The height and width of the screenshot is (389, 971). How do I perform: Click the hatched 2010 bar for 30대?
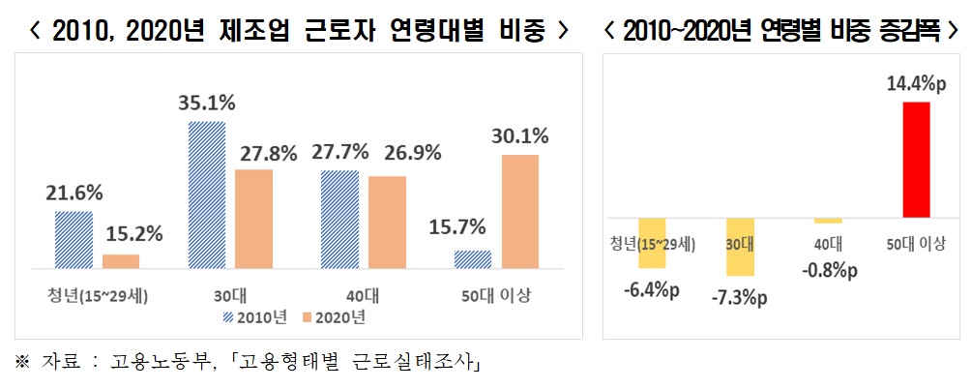click(205, 194)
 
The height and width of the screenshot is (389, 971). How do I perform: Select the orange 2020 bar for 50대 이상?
click(518, 210)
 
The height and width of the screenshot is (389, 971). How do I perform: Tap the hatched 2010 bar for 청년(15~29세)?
click(74, 239)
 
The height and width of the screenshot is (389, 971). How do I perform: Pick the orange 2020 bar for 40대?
click(387, 221)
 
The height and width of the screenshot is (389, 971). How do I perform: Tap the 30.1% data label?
click(519, 135)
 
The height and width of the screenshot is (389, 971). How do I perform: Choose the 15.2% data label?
click(132, 233)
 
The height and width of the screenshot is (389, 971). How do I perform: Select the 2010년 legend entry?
click(254, 315)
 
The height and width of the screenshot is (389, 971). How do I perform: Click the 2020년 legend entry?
click(333, 315)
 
